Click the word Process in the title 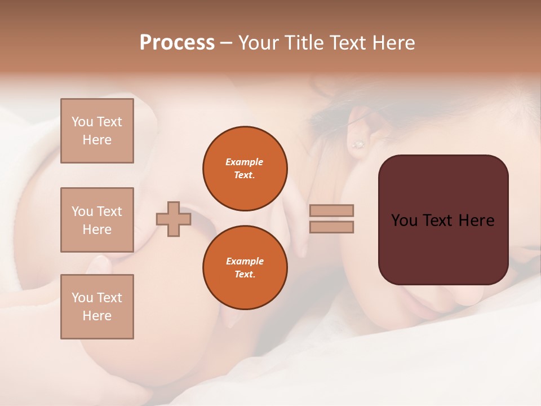[x=177, y=43]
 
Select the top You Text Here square [x=97, y=131]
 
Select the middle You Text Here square [x=97, y=220]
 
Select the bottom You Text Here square [x=97, y=307]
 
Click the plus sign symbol [x=174, y=219]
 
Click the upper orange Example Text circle [x=245, y=169]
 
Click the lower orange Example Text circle [x=245, y=268]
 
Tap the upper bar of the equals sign [x=331, y=210]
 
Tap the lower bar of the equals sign [x=331, y=227]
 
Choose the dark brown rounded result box [x=443, y=220]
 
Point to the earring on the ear [x=358, y=144]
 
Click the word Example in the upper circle [x=245, y=162]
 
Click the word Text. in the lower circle [x=245, y=275]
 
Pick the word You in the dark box [x=404, y=220]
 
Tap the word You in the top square [x=82, y=122]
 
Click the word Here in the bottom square [x=97, y=316]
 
